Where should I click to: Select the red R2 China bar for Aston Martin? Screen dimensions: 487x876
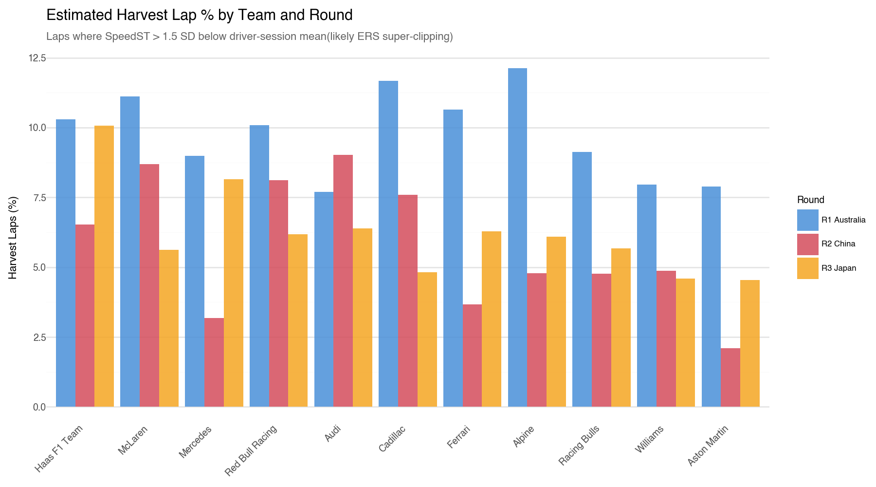(730, 377)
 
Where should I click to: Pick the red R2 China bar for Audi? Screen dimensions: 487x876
(343, 281)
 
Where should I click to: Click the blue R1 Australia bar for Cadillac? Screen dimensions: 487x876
(388, 244)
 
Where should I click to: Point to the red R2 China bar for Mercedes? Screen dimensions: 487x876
(214, 362)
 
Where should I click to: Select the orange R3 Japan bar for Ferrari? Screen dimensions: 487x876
(492, 319)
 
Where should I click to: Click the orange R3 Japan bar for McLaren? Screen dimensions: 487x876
(169, 328)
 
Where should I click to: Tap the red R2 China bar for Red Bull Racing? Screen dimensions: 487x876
(278, 294)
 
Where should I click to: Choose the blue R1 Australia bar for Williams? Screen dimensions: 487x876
(647, 296)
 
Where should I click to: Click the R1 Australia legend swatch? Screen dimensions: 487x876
(807, 220)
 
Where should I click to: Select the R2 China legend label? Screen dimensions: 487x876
(838, 244)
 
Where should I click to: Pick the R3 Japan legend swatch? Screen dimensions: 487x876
(807, 268)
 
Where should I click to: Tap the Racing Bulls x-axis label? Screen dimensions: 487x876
(580, 445)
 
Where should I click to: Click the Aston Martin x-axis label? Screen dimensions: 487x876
(708, 445)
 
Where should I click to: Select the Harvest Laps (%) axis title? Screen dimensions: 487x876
(13, 238)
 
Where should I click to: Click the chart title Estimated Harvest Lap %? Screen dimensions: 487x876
(199, 16)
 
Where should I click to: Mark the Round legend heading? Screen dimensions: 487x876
(810, 200)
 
